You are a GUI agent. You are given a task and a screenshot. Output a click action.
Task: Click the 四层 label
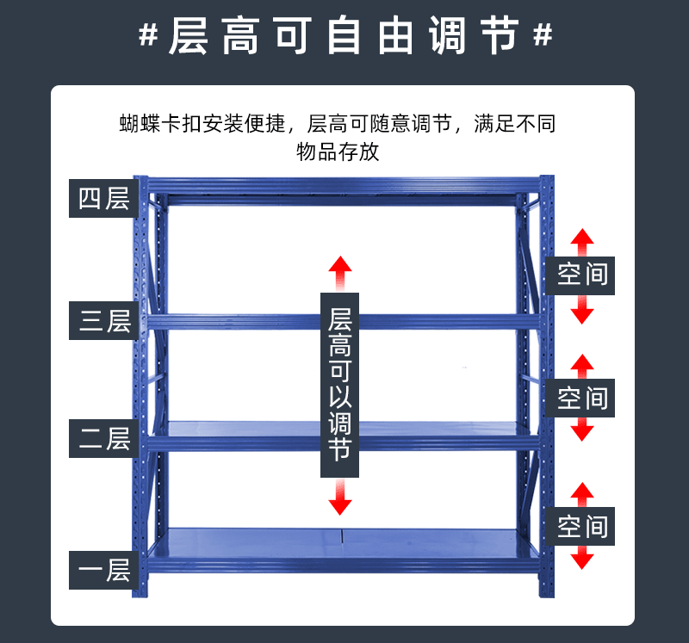click(x=104, y=198)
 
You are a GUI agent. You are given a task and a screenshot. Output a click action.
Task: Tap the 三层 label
click(x=104, y=321)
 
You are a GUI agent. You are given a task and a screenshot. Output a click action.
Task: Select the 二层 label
click(x=104, y=438)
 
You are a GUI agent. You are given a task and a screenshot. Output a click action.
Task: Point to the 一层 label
click(x=104, y=569)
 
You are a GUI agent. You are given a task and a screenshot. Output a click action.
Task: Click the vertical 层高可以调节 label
click(x=340, y=385)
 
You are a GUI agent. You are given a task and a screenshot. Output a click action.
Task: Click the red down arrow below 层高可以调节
click(x=340, y=498)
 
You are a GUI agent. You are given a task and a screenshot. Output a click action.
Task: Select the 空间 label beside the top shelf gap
click(x=582, y=275)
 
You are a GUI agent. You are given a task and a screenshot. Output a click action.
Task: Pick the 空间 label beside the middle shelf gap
click(x=582, y=398)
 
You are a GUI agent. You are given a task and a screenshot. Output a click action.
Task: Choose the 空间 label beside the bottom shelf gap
click(x=582, y=526)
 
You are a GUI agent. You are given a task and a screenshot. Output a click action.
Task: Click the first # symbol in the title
click(x=148, y=36)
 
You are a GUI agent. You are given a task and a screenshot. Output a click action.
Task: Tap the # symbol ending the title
click(x=543, y=36)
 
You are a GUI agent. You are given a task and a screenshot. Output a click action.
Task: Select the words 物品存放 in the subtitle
click(x=338, y=152)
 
